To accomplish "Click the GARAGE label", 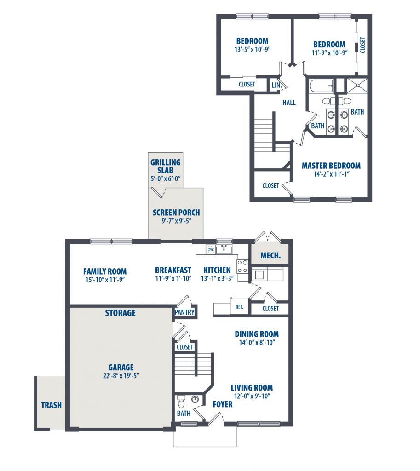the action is pyautogui.click(x=121, y=367).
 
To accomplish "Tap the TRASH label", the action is pyautogui.click(x=52, y=405).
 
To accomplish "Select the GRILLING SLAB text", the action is pyautogui.click(x=166, y=166).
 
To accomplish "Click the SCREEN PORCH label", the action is pyautogui.click(x=176, y=213).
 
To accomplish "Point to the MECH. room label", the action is pyautogui.click(x=270, y=256).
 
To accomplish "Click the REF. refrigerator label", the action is pyautogui.click(x=240, y=307).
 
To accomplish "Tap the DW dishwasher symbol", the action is pyautogui.click(x=211, y=249).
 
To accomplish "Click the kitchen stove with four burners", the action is pyautogui.click(x=242, y=266).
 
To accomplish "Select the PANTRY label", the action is pyautogui.click(x=184, y=312).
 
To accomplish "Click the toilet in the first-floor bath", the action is pyautogui.click(x=181, y=401).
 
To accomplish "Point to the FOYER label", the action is pyautogui.click(x=223, y=404).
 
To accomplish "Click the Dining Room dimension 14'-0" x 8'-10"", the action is pyautogui.click(x=257, y=342).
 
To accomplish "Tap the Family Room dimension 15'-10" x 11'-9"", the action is pyautogui.click(x=105, y=280).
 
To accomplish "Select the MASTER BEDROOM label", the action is pyautogui.click(x=331, y=166).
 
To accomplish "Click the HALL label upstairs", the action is pyautogui.click(x=289, y=103).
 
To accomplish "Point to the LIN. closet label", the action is pyautogui.click(x=276, y=85).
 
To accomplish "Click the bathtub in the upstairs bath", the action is pyautogui.click(x=321, y=86).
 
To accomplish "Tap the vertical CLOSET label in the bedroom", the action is pyautogui.click(x=363, y=45).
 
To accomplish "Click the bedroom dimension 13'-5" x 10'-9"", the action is pyautogui.click(x=253, y=50).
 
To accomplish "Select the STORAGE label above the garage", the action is pyautogui.click(x=120, y=313).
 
